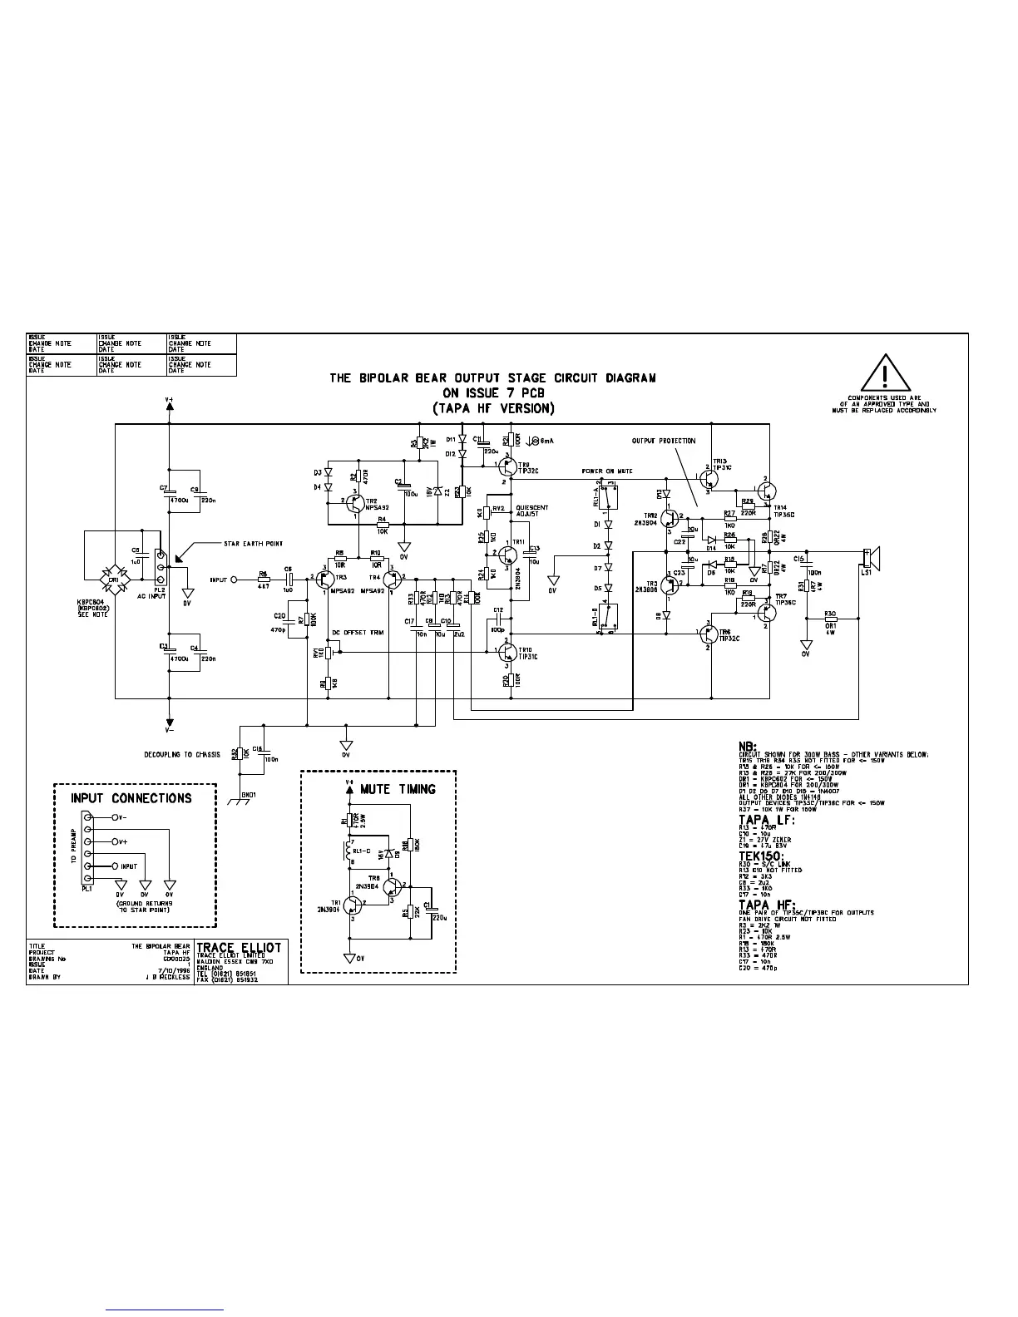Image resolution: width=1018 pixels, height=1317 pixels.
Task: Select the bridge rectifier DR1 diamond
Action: [112, 576]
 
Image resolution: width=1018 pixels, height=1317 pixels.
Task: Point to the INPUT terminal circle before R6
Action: [234, 580]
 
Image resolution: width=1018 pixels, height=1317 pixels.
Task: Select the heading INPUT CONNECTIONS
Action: [131, 798]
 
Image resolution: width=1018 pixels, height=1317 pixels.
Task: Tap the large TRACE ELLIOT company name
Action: [239, 948]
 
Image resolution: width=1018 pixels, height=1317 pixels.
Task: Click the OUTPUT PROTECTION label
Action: [664, 441]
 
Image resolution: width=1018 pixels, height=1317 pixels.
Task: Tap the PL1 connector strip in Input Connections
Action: [86, 852]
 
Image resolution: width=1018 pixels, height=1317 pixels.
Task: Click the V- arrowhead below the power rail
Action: [169, 722]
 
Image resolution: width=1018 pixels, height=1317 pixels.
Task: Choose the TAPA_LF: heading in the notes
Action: [766, 820]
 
